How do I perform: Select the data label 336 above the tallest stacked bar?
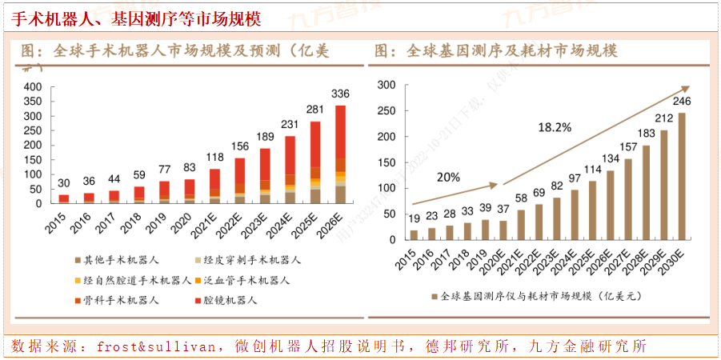click(x=340, y=93)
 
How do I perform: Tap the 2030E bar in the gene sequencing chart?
click(x=682, y=176)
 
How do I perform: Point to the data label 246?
click(x=682, y=102)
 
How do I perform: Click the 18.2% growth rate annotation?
click(x=554, y=126)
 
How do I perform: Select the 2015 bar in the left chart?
click(x=64, y=198)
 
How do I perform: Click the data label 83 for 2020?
click(x=189, y=167)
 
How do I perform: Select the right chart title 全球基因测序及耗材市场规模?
click(x=512, y=51)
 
